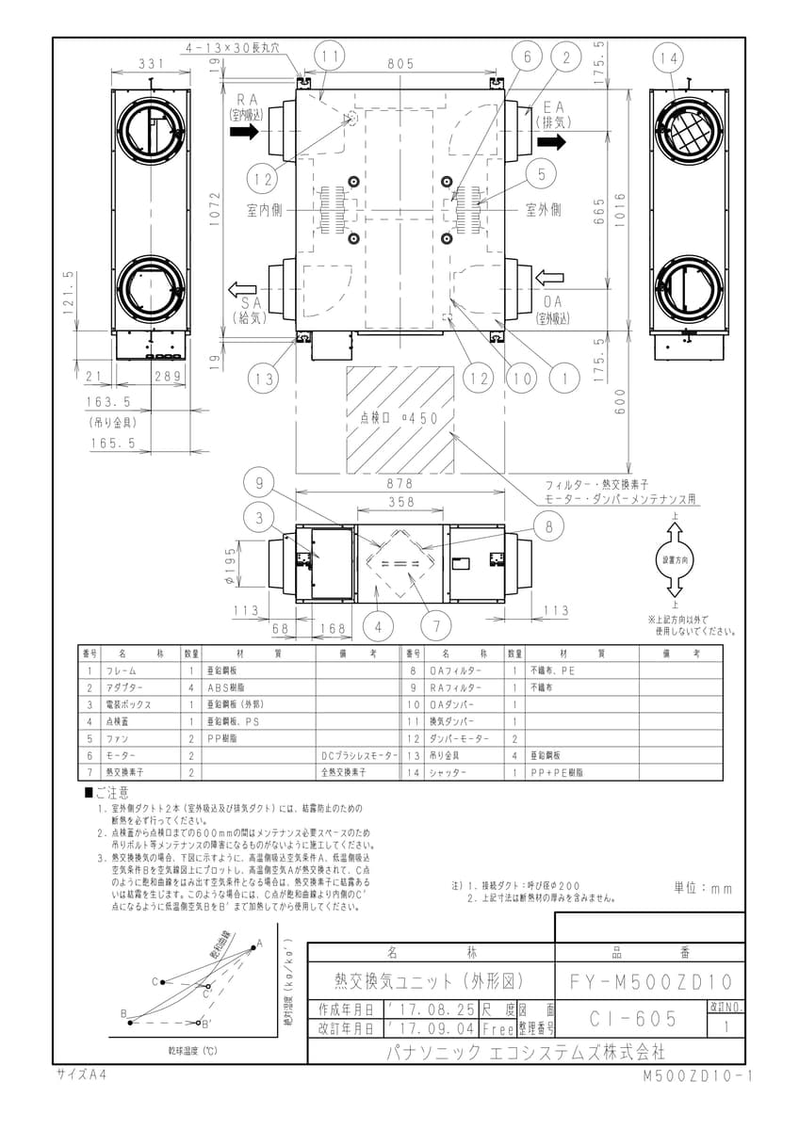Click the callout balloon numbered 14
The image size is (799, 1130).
669,58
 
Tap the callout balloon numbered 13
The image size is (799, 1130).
265,379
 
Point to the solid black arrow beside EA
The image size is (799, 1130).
553,141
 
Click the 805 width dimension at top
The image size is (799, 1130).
399,64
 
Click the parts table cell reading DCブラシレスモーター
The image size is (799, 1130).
360,755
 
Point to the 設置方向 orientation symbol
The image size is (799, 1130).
675,558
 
